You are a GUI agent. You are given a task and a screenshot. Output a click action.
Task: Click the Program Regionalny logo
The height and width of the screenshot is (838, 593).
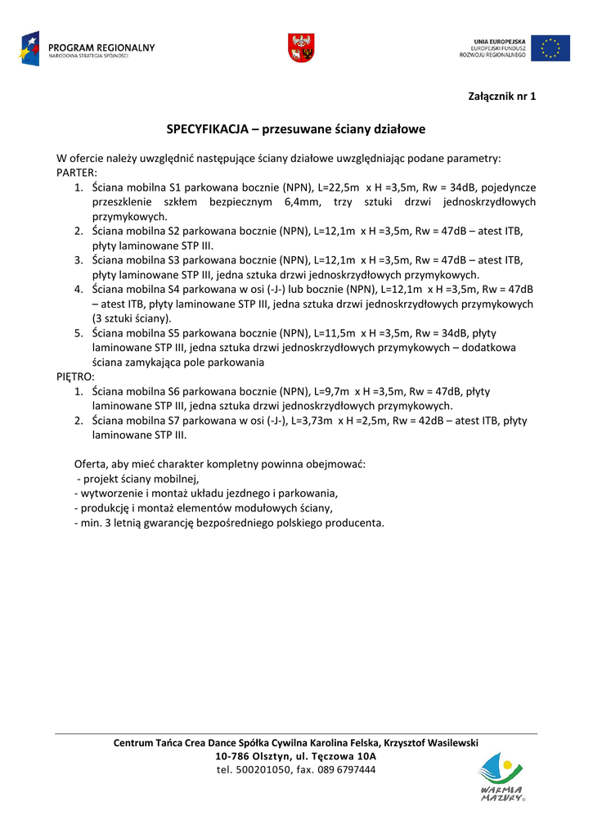(86, 48)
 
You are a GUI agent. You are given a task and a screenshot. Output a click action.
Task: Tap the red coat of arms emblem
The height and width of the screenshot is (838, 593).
(302, 47)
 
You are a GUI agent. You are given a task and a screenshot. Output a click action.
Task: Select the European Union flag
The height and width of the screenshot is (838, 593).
(550, 48)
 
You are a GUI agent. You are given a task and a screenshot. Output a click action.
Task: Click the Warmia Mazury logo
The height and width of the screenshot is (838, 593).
(501, 777)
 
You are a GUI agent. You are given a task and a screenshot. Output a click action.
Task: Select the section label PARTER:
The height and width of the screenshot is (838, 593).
(77, 173)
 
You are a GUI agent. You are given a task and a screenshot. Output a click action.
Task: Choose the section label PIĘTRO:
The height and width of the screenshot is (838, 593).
(75, 376)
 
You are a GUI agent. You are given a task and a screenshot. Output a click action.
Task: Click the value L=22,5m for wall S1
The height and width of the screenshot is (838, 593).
(337, 187)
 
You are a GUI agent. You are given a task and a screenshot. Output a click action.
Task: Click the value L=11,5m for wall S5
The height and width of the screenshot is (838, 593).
(335, 333)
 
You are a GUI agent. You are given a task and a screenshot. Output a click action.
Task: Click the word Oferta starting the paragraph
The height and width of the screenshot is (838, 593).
(92, 464)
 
